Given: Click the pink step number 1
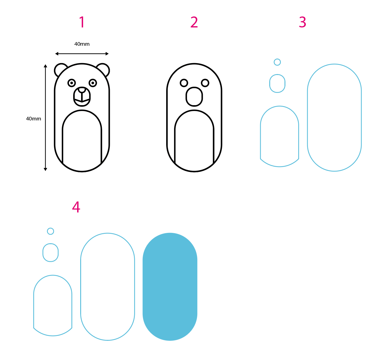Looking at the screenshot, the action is [82, 22].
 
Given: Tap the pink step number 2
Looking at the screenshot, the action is [194, 22].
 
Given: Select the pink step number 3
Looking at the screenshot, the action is [302, 22].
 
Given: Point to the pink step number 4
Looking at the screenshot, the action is [76, 207].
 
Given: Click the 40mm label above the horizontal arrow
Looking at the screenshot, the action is [82, 44].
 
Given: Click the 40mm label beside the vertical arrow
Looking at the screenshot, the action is [34, 119].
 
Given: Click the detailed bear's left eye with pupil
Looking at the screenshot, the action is [71, 83].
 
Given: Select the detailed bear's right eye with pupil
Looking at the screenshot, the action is [93, 83].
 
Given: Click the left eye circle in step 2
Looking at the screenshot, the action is [184, 83].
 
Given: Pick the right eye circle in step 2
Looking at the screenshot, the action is [205, 83].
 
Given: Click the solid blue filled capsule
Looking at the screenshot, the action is [170, 287].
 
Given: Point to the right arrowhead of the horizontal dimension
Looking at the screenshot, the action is [107, 54].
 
